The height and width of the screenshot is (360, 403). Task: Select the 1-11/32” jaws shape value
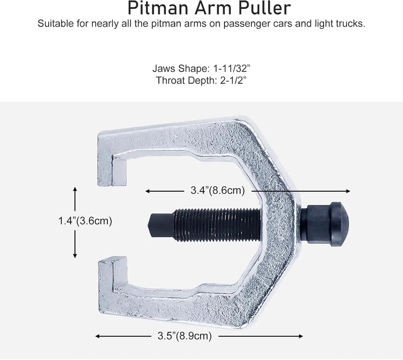[232, 68]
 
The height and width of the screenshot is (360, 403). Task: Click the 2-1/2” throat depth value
[233, 81]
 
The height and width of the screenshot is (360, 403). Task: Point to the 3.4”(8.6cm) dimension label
[218, 191]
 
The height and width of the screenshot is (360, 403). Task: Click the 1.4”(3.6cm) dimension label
[85, 221]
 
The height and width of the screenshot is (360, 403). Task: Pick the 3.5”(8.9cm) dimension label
[184, 336]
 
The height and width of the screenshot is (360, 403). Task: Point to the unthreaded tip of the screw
[161, 225]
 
